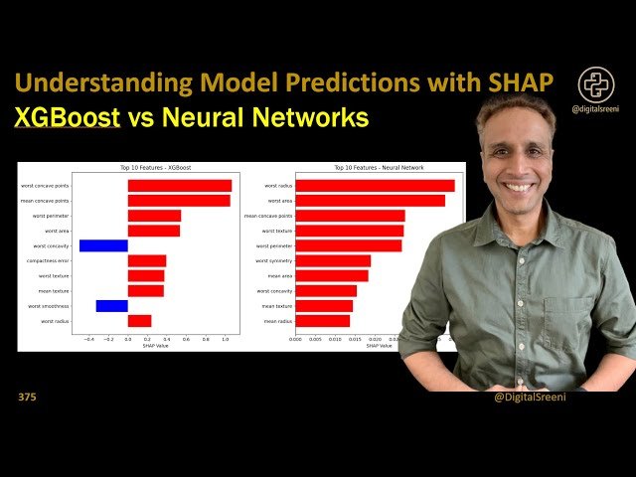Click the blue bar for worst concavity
(103, 245)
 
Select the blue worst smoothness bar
(111, 306)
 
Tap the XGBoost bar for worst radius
(139, 321)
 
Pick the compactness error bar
(147, 260)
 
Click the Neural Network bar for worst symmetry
(333, 260)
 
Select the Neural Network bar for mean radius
(322, 321)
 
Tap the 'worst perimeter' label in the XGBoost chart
(51, 216)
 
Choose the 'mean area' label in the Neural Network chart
(279, 276)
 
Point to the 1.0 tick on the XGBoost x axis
(225, 339)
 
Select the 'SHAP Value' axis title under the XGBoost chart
(156, 346)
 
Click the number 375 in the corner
(27, 397)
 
